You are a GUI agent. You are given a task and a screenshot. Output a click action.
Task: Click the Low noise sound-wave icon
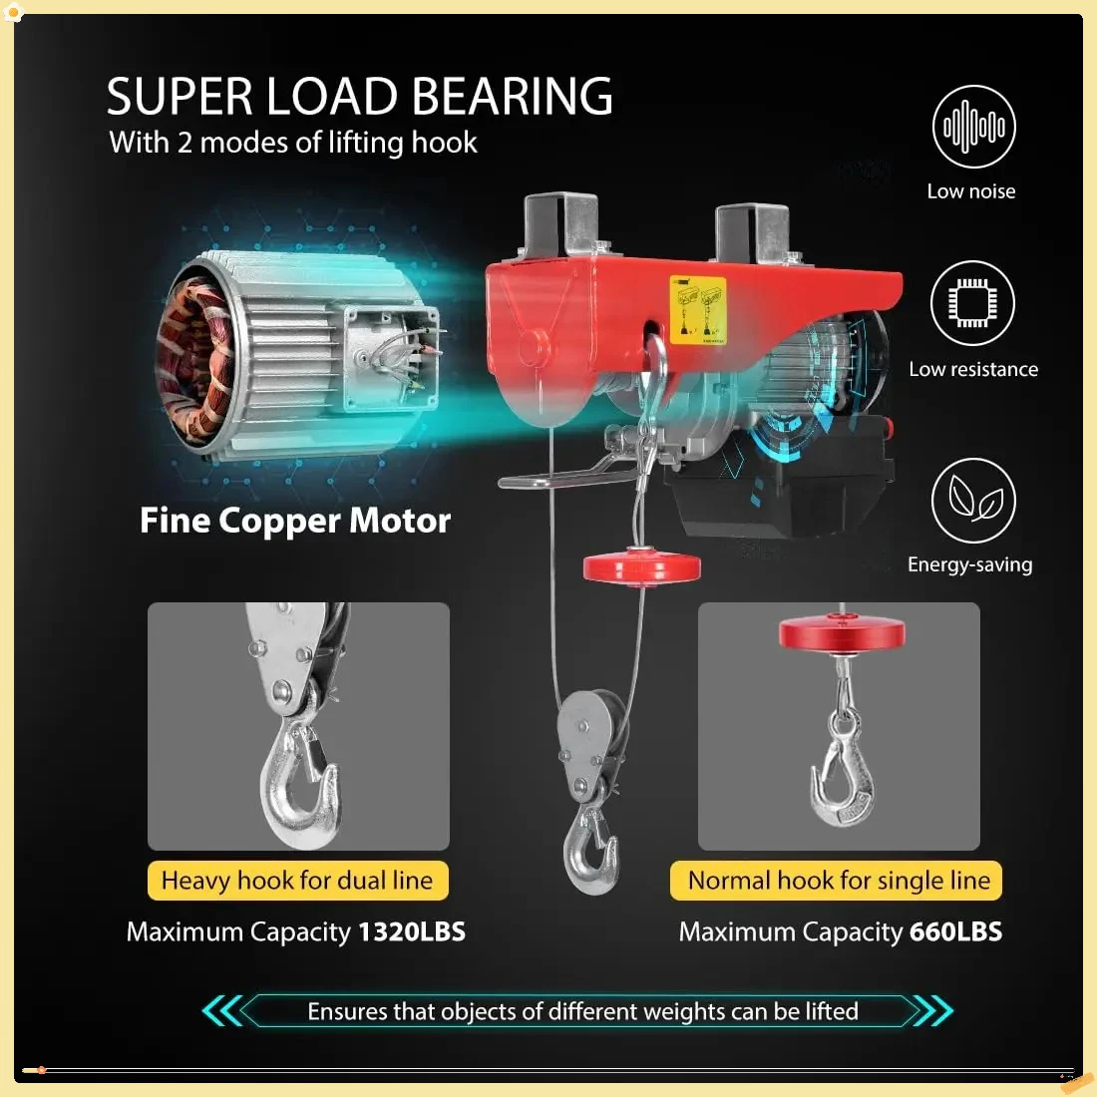tap(973, 127)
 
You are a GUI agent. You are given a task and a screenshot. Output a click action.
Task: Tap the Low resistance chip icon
tap(972, 303)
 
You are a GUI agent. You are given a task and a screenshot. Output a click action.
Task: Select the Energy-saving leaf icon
tap(973, 500)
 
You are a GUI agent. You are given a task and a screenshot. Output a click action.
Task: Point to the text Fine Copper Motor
tap(295, 521)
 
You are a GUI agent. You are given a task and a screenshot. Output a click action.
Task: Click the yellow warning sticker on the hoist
tap(697, 310)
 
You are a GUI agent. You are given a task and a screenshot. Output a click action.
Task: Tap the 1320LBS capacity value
tap(412, 931)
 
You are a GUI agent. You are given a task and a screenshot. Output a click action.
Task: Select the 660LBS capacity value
tap(955, 931)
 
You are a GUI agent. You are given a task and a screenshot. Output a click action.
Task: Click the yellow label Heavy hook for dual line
tap(297, 881)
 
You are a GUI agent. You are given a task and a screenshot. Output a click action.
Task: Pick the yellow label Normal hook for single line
tap(838, 881)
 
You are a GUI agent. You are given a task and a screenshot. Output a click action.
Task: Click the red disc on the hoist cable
tap(641, 568)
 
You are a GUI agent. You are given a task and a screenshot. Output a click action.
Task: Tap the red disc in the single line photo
tap(842, 633)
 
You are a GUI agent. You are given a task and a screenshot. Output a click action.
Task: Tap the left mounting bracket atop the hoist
tap(560, 225)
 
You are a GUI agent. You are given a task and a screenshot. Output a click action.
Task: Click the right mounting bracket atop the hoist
tap(752, 231)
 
